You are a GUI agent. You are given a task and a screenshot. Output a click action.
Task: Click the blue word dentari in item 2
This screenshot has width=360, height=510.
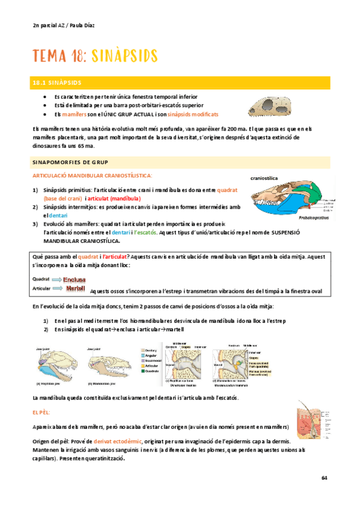[x=58, y=215]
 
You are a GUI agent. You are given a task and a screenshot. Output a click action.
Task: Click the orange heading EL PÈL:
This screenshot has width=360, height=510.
[x=41, y=413]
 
